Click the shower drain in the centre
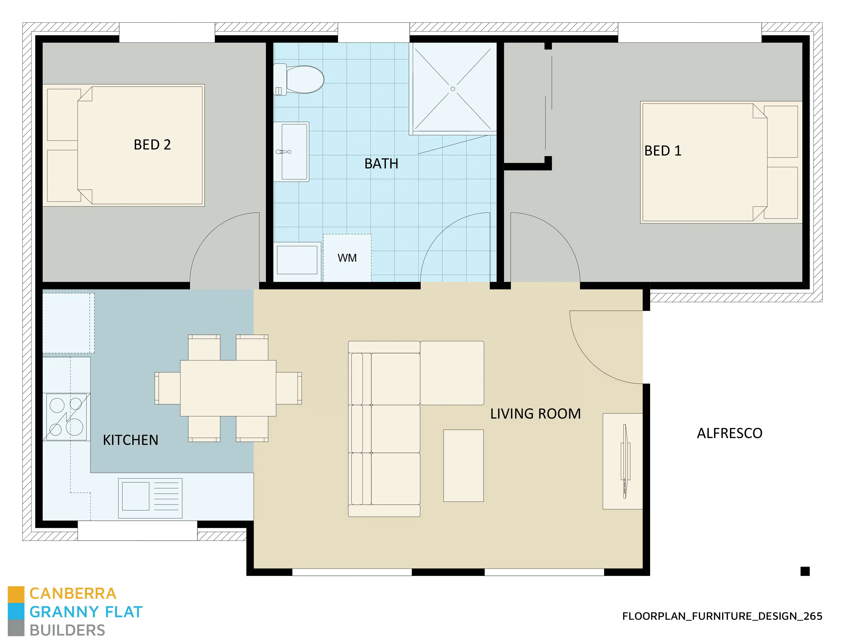coord(453,89)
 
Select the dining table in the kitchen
coord(228,388)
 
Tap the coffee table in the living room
coord(463,466)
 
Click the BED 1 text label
coord(663,151)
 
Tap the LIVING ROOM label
coord(535,414)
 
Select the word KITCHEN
coord(131,440)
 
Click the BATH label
coord(381,164)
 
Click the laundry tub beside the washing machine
coord(297,260)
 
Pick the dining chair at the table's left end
coord(168,388)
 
